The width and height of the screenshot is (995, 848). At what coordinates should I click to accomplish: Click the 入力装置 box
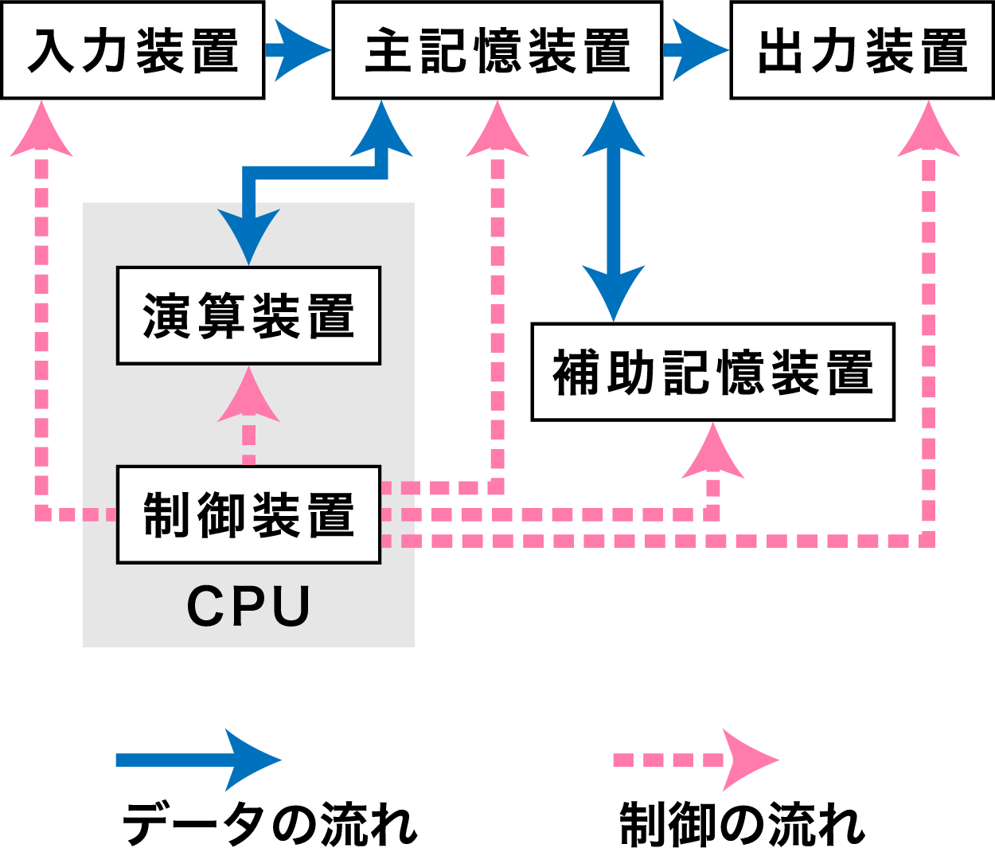(x=132, y=50)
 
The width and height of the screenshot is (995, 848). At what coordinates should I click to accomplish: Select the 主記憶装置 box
(x=497, y=50)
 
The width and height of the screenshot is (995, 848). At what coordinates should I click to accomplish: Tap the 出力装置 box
(x=861, y=50)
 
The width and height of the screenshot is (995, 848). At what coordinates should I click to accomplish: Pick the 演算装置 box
(x=248, y=315)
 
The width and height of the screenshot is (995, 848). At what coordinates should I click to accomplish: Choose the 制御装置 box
(x=248, y=514)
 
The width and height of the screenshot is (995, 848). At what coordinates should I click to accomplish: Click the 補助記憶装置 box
(x=712, y=372)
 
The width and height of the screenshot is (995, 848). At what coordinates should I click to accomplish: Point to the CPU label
(x=248, y=607)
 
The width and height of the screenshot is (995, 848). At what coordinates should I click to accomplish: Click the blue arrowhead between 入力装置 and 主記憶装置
(x=301, y=50)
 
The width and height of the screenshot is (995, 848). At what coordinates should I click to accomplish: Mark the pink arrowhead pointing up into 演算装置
(x=248, y=397)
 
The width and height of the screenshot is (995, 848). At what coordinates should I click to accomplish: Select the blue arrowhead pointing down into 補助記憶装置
(x=613, y=291)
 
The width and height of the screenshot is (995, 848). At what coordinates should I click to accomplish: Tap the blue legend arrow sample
(x=199, y=760)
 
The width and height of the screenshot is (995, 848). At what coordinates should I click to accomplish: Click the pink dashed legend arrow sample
(x=696, y=760)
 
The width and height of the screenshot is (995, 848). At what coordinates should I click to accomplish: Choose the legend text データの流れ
(x=269, y=823)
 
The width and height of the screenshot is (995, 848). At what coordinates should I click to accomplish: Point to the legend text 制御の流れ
(x=742, y=823)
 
